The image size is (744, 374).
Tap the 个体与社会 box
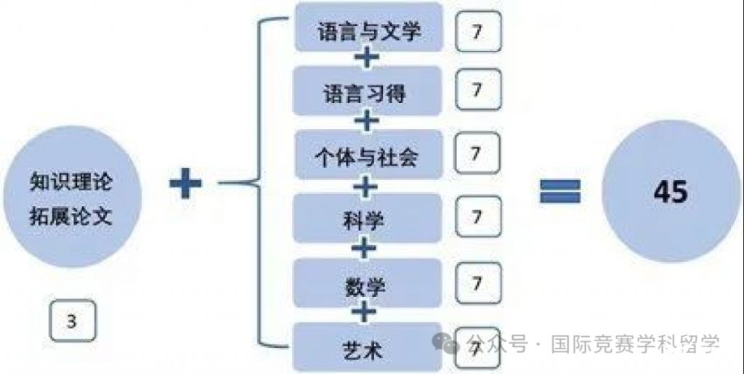pos(368,155)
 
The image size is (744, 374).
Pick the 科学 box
pos(368,218)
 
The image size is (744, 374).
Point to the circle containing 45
pos(670,192)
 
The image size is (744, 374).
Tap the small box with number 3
pos(72,322)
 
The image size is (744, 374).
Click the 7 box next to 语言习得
pos(477,90)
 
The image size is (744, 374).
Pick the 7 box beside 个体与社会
pos(477,153)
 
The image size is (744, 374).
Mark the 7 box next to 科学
pos(477,216)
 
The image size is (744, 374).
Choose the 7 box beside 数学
pos(477,280)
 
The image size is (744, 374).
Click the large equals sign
pos(559,192)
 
